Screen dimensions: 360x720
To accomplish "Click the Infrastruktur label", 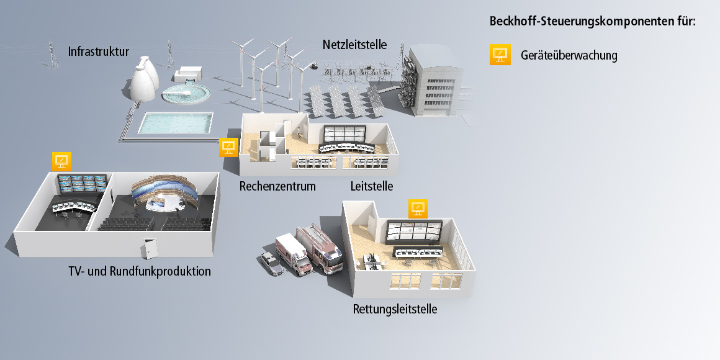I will point(99,52).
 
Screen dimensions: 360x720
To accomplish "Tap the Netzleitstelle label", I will point(354,45).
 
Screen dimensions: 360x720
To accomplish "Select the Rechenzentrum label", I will point(277,186).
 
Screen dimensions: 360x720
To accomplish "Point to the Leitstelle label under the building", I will point(371,186).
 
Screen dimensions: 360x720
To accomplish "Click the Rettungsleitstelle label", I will point(395,309).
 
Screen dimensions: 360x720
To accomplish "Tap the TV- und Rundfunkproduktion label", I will point(140,272).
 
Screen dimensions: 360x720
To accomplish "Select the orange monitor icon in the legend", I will point(500,55).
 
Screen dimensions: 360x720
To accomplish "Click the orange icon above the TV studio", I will point(61,161).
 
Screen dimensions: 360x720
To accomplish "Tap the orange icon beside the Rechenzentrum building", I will point(229,147).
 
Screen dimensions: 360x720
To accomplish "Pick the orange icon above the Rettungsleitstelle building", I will point(418,208).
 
